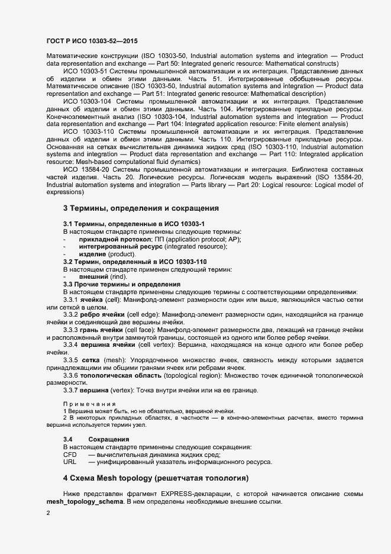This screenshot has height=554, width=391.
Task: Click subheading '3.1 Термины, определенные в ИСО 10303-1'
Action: tap(134, 223)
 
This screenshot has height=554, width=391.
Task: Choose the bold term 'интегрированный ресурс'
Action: tap(118, 246)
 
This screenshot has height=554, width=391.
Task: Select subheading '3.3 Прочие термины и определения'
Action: tap(122, 285)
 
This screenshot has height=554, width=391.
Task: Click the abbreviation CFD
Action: tap(70, 455)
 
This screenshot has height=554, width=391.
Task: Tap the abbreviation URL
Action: tap(70, 462)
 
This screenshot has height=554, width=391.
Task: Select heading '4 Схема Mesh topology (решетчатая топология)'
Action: tap(156, 478)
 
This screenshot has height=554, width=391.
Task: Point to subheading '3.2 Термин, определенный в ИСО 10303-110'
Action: tap(135, 262)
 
